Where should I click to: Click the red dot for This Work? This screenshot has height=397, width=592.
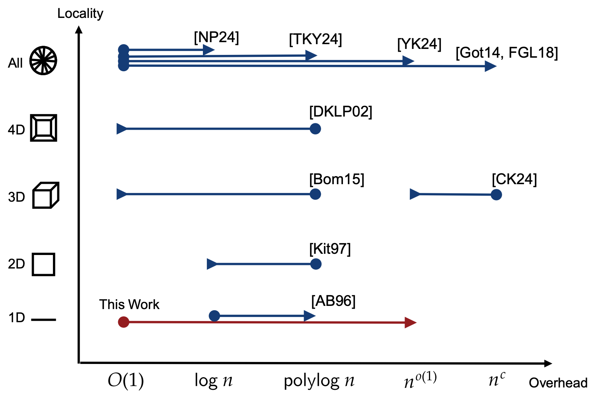click(124, 322)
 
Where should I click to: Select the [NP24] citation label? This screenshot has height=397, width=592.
click(216, 37)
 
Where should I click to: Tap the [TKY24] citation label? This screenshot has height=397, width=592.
click(315, 39)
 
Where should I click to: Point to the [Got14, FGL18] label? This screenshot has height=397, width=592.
click(507, 53)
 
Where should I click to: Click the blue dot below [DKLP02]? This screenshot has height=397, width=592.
click(315, 129)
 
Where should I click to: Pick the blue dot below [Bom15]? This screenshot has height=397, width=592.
click(315, 194)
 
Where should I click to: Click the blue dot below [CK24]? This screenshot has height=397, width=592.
click(496, 195)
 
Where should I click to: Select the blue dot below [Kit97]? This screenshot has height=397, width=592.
click(315, 264)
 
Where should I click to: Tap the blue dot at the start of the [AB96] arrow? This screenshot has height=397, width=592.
click(214, 316)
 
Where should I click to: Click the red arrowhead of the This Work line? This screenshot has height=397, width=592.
click(411, 323)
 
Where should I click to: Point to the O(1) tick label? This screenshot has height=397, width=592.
click(126, 381)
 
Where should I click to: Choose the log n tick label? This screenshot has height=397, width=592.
click(213, 381)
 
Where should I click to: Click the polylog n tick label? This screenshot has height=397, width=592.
click(319, 381)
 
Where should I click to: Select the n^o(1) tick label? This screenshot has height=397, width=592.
click(420, 380)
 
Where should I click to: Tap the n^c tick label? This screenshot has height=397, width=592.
click(497, 380)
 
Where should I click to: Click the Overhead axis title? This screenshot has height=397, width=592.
click(558, 383)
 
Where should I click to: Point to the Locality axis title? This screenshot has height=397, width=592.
click(80, 14)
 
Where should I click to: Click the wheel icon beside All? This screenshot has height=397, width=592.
click(43, 61)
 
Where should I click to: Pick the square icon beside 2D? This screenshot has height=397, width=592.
click(43, 265)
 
